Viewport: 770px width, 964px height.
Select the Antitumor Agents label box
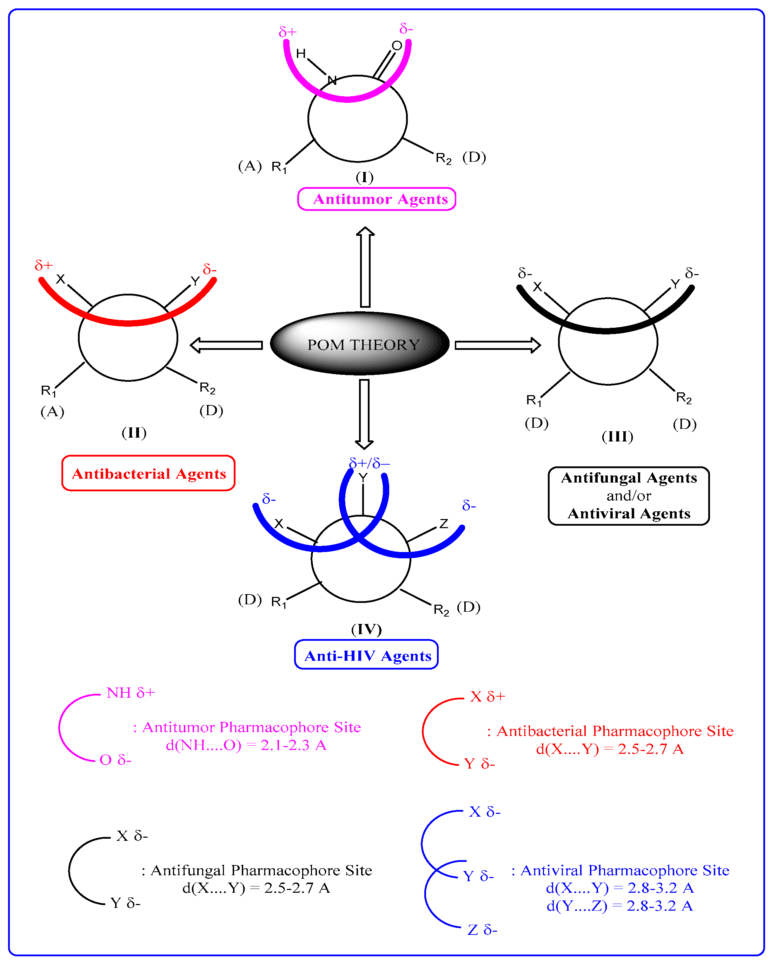[377, 199]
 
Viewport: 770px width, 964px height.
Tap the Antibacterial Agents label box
[148, 473]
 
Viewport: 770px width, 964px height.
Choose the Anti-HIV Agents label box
[366, 656]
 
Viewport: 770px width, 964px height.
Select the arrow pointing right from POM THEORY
[498, 345]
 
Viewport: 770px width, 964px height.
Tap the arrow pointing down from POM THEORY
[364, 414]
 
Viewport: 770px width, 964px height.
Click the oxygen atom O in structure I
[397, 46]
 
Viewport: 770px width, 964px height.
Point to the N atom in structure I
[332, 80]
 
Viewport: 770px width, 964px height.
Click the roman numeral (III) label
[617, 437]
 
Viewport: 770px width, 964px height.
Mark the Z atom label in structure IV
[444, 524]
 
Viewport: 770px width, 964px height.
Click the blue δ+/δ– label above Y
[369, 463]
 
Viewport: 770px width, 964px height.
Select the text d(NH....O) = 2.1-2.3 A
[246, 745]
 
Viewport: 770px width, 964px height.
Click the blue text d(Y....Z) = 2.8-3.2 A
[619, 906]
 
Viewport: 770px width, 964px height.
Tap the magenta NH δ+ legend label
[131, 693]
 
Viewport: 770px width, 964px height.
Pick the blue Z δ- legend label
[482, 930]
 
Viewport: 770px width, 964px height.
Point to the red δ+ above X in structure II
[44, 266]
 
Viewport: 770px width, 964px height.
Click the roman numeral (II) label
[134, 432]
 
